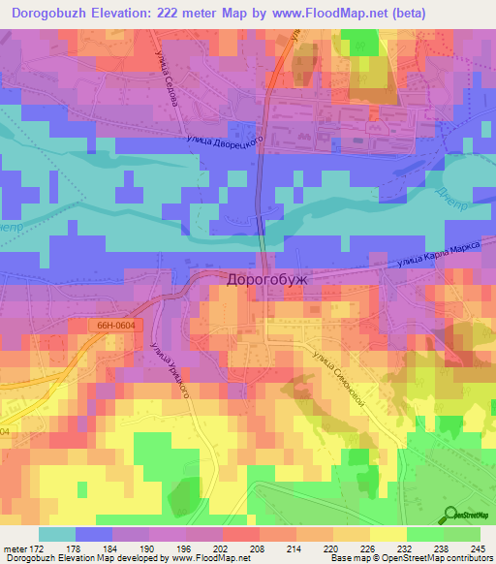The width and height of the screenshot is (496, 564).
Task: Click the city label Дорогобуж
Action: coord(265,279)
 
